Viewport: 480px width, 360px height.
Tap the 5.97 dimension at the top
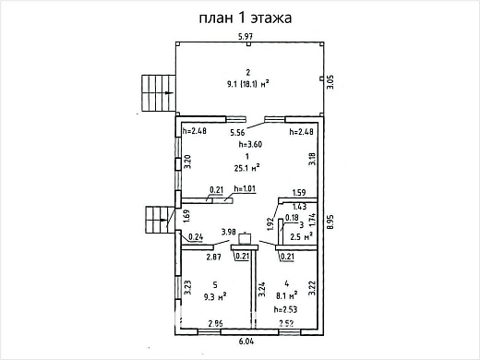point(246,36)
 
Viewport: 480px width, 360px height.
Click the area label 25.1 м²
point(246,168)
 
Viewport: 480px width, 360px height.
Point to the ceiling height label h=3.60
point(249,146)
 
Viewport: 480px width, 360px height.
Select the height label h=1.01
point(245,189)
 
